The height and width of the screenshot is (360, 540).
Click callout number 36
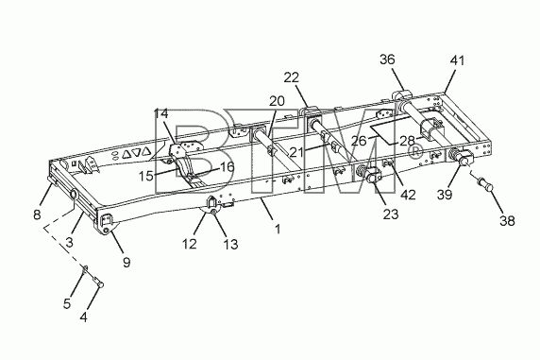[x=387, y=60]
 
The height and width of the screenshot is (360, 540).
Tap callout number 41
[x=457, y=60]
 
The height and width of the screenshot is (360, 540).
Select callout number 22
[x=292, y=77]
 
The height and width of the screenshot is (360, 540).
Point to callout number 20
[x=277, y=101]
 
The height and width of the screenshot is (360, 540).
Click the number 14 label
[x=160, y=113]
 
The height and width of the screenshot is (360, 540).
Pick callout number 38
[x=507, y=220]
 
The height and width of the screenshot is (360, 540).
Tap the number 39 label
[x=445, y=195]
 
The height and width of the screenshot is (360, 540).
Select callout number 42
[x=408, y=195]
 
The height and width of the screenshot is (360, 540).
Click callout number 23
[x=391, y=214]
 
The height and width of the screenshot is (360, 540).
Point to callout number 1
[x=278, y=229]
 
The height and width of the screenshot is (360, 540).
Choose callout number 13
[x=230, y=244]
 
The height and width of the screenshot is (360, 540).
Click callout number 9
[x=127, y=263]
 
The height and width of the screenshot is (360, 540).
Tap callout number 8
[x=37, y=215]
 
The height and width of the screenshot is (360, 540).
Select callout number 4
[x=83, y=317]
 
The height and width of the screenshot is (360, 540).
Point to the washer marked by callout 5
[x=85, y=267]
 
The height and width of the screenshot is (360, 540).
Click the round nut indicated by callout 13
[x=214, y=213]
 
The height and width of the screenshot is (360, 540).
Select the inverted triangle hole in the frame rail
[x=136, y=152]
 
